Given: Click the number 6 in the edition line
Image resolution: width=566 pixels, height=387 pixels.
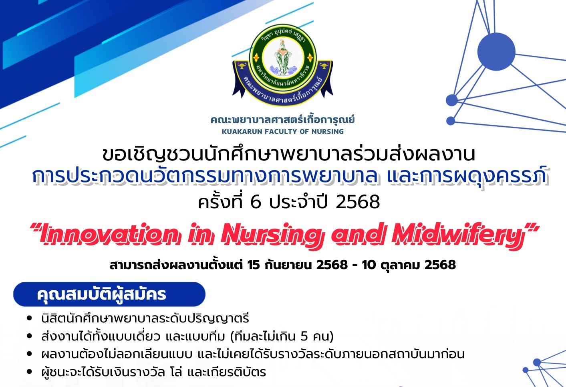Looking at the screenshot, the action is tap(256, 202).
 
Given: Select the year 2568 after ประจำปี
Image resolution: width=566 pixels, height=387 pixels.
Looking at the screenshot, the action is tap(358, 202).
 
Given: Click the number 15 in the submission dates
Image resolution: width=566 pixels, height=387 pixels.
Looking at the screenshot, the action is tap(254, 265).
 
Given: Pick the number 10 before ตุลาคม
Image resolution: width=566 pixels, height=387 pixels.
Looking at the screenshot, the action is tap(369, 265).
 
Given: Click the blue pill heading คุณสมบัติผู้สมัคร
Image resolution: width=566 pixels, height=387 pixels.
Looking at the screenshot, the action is tap(109, 294).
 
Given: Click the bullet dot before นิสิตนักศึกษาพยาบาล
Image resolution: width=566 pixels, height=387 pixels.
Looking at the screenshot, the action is tap(29, 318).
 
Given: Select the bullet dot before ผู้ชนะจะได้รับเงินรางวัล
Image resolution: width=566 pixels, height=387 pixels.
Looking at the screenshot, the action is tap(29, 372).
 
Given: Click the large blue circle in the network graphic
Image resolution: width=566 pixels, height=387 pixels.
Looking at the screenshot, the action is tap(496, 52).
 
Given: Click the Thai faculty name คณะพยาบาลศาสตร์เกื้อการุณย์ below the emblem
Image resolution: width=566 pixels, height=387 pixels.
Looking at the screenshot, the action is tap(283, 120).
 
